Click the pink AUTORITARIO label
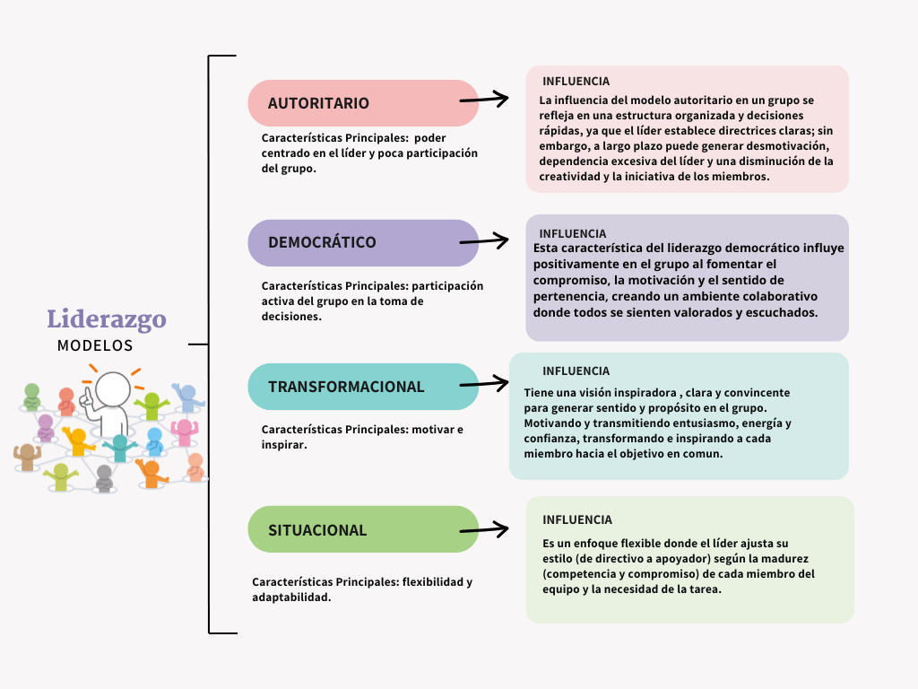[318, 103]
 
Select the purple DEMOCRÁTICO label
[322, 242]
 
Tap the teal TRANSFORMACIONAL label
[346, 387]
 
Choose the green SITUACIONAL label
[317, 530]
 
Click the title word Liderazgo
[107, 319]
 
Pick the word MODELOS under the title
[95, 345]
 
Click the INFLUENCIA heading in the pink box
[576, 82]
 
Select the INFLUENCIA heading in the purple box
[573, 234]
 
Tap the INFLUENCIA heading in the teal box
[576, 371]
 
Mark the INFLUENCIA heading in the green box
[577, 520]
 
